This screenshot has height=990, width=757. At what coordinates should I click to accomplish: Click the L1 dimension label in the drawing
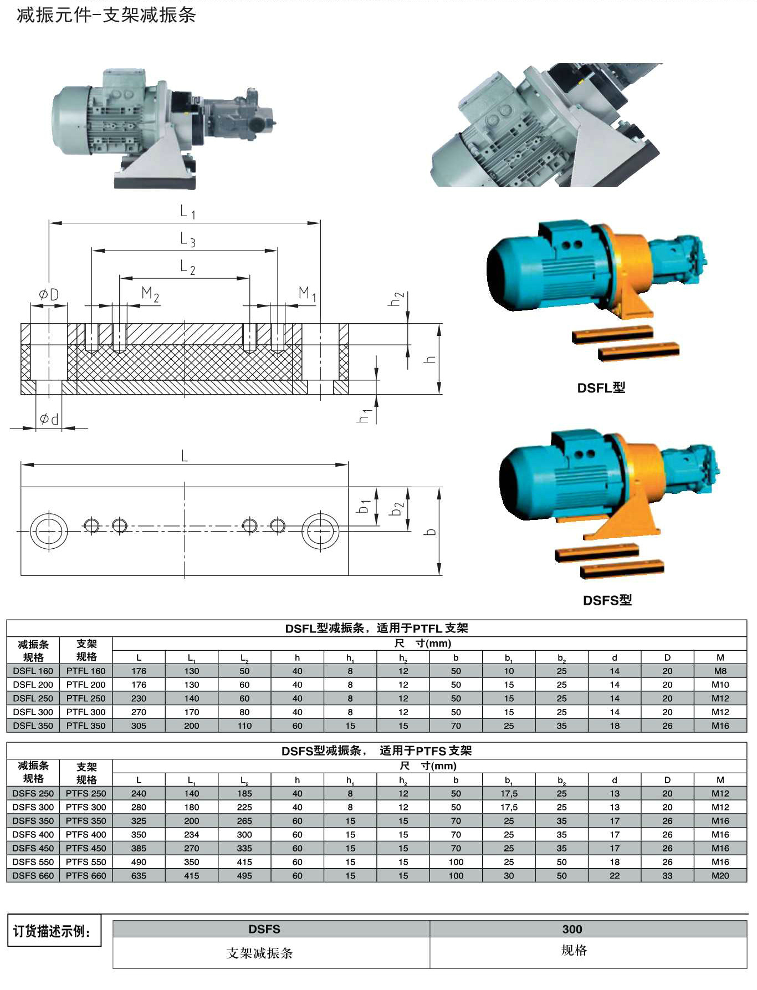tap(188, 211)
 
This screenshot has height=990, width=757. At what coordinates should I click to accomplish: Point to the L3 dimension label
tap(188, 239)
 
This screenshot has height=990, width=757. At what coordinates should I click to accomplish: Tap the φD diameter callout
tap(49, 294)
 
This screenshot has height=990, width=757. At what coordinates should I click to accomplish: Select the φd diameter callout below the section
tap(49, 419)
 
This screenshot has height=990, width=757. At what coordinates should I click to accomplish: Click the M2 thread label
tap(150, 294)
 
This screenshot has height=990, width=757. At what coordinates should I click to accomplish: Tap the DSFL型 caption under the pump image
tap(601, 388)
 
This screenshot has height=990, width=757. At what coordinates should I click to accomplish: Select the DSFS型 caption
tap(607, 600)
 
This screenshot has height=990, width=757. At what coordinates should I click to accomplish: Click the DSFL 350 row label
tap(33, 726)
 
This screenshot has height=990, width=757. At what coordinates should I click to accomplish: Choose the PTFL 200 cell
tap(86, 685)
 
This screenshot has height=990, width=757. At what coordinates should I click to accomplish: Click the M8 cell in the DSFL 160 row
tap(720, 671)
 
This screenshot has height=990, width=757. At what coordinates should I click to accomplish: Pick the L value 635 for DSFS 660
tap(139, 876)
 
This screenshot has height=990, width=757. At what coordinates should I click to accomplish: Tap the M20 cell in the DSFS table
tap(720, 876)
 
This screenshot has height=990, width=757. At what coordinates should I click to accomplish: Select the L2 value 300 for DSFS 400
tap(244, 835)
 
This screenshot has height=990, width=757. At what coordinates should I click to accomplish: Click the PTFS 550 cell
tap(86, 862)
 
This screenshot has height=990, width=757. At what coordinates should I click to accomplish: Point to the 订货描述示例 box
tap(54, 931)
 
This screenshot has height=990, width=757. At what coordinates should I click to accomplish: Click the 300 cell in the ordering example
tap(572, 930)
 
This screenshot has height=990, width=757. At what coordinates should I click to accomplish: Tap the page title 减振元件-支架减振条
tap(106, 14)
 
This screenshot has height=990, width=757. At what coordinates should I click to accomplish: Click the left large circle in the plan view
tap(49, 531)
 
